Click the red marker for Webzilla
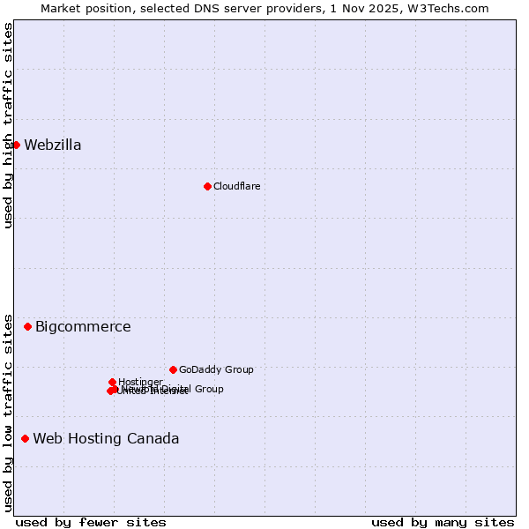tap(16, 145)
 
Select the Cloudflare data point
tap(207, 186)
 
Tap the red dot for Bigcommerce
tap(27, 326)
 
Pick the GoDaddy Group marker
tap(173, 369)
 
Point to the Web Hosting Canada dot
tap(25, 438)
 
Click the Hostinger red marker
tap(113, 382)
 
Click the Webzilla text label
tap(53, 145)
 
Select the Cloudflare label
tap(236, 186)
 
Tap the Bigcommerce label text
tap(83, 327)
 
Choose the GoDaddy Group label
tap(216, 369)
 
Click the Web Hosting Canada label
tap(106, 439)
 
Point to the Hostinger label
tap(140, 382)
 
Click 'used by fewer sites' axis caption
tap(91, 522)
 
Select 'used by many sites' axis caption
tap(443, 522)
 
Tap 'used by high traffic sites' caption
tap(8, 125)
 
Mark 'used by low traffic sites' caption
tap(8, 412)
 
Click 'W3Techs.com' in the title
tap(455, 8)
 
